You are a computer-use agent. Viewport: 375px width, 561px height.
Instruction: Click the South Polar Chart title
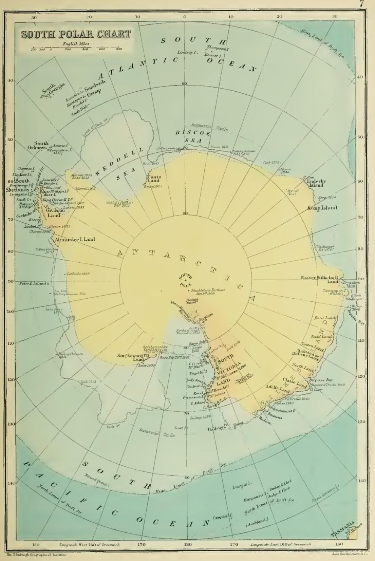[76, 34]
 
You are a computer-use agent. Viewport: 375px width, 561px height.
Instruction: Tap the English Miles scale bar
[76, 48]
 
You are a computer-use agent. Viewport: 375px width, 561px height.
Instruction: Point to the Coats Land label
[154, 178]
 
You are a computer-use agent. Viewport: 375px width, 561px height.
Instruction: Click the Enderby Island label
[316, 183]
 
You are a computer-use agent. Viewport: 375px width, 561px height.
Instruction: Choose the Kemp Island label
[322, 208]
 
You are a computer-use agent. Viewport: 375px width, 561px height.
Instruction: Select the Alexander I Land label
[75, 239]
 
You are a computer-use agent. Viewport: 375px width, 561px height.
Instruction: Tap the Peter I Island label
[33, 283]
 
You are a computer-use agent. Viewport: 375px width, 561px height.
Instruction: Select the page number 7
[361, 4]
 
